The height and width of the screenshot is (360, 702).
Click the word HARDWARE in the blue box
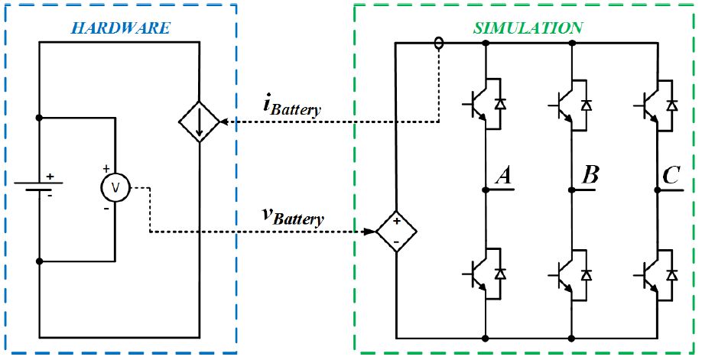[121, 28]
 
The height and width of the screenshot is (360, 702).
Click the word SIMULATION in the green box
[528, 28]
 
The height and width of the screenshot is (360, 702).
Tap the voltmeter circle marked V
[115, 187]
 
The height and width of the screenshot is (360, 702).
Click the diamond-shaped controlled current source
[200, 122]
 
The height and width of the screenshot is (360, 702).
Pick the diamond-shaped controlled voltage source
[396, 231]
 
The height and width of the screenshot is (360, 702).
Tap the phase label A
[504, 175]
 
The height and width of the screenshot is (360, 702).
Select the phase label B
[590, 175]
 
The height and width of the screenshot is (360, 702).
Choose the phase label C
[671, 175]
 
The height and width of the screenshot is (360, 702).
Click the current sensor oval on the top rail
[439, 43]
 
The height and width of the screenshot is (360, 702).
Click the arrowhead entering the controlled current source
[224, 122]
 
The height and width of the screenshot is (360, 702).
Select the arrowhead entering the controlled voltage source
[371, 232]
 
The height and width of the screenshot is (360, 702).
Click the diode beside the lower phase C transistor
[671, 273]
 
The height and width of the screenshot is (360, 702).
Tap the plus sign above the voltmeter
[106, 169]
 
